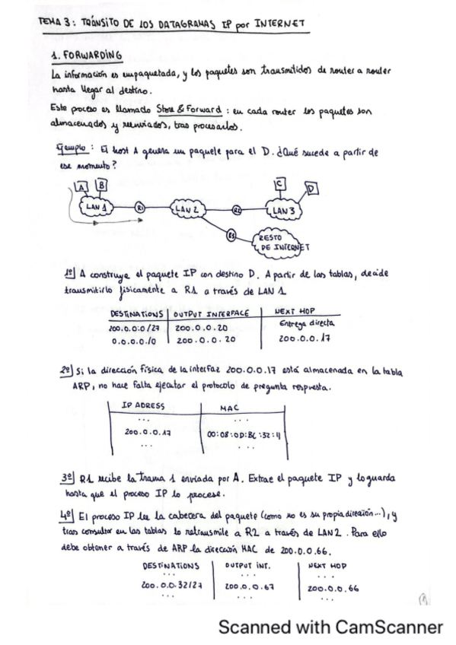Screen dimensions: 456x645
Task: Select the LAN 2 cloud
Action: (186, 208)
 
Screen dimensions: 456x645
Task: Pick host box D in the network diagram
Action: (312, 189)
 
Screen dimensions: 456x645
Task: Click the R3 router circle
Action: (232, 237)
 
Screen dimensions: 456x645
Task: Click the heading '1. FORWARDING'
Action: (87, 57)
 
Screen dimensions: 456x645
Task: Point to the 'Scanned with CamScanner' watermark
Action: (330, 628)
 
